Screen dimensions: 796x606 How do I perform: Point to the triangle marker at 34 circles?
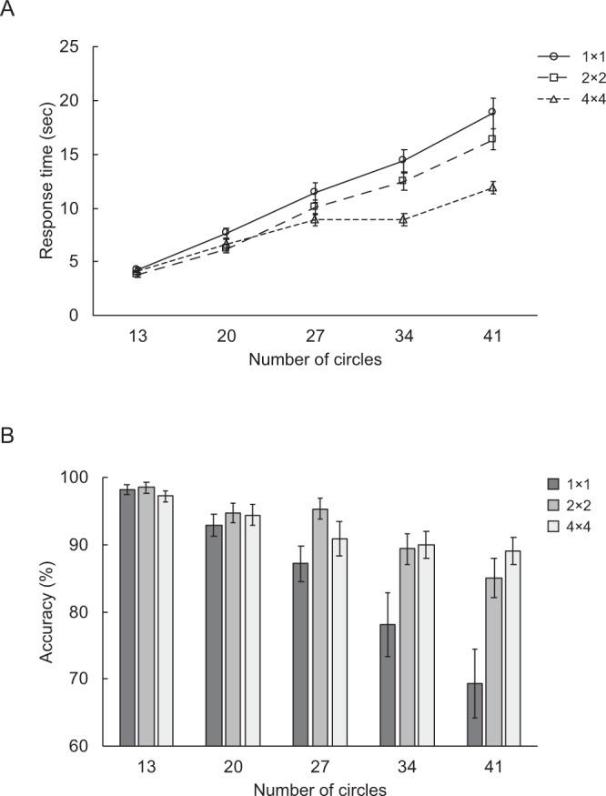click(x=403, y=219)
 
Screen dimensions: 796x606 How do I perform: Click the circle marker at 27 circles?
click(x=314, y=192)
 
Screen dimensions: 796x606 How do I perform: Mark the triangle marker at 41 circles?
click(x=492, y=187)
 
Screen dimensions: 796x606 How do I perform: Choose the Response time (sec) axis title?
click(x=47, y=180)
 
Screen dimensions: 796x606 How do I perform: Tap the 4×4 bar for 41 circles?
click(x=511, y=648)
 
